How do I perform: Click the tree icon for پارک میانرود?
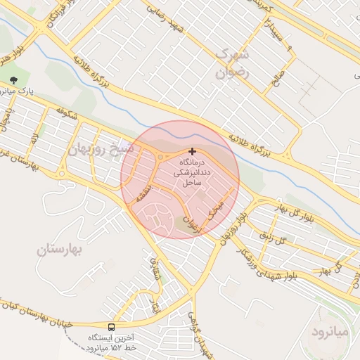pyautogui.click(x=15, y=79)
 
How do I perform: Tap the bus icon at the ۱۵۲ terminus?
pyautogui.click(x=112, y=327)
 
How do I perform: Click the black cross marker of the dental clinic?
pyautogui.click(x=192, y=151)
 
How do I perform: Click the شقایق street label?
pyautogui.click(x=157, y=268)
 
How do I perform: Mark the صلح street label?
pyautogui.click(x=279, y=75)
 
